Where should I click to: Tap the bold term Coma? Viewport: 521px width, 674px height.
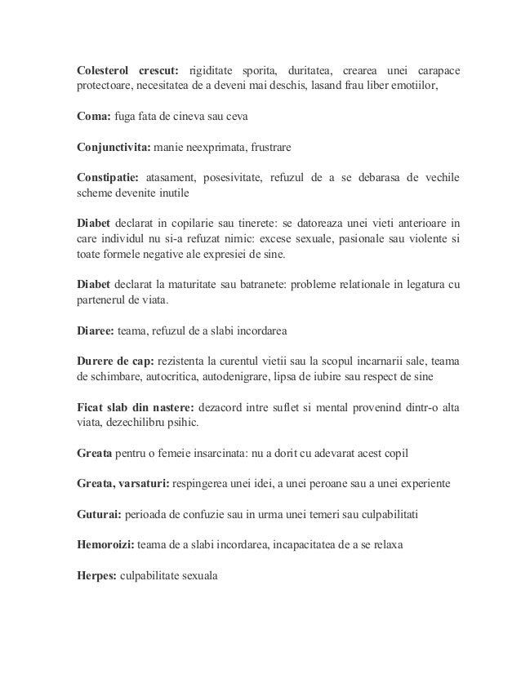83,118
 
